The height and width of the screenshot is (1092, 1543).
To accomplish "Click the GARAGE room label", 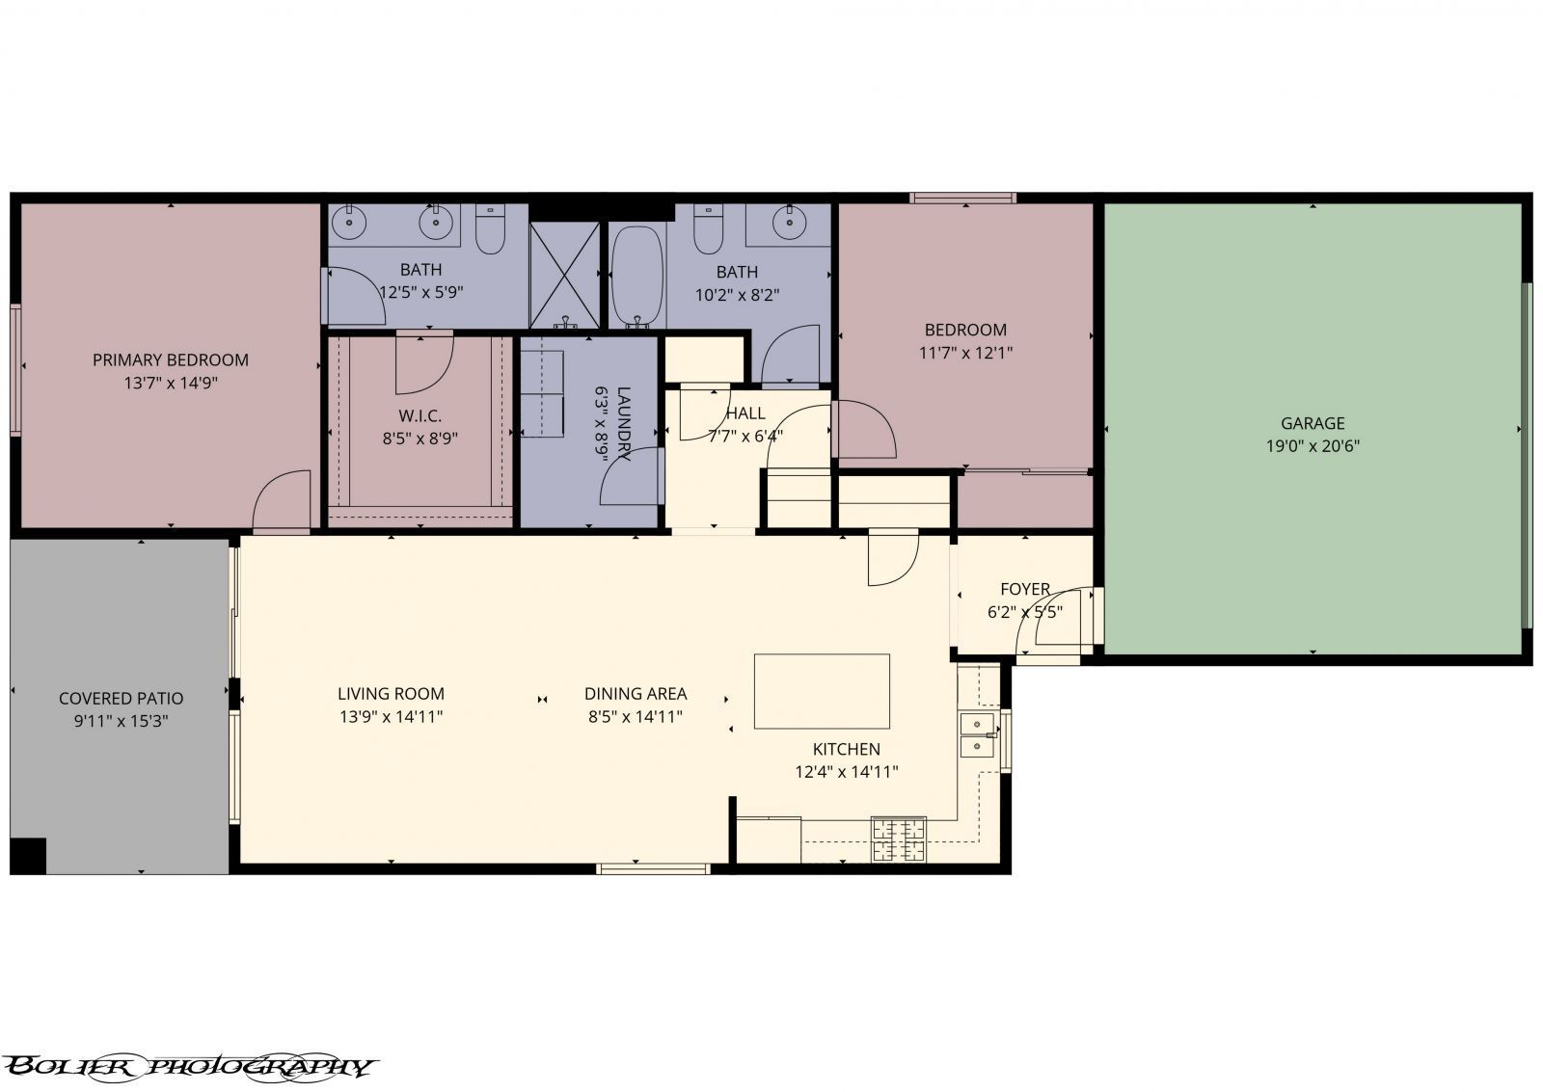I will tap(1312, 423).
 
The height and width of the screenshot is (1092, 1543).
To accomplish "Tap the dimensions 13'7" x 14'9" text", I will tap(170, 383).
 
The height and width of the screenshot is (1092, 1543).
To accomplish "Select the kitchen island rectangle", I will tap(822, 691).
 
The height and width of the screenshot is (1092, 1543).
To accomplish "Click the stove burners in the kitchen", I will tap(898, 838).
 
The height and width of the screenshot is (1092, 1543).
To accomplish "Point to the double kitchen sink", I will tap(978, 734).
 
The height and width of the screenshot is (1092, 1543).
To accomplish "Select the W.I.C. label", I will tap(420, 416).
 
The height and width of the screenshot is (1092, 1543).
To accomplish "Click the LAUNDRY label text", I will tap(623, 424).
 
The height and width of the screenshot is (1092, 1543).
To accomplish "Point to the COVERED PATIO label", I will tap(121, 699).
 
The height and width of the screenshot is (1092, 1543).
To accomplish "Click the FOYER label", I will tap(1024, 589).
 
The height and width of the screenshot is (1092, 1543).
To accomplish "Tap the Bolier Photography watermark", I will tap(188, 1066).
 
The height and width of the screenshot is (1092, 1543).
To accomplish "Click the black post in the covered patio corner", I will tap(28, 854).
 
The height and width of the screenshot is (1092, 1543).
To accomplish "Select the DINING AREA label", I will tap(636, 694).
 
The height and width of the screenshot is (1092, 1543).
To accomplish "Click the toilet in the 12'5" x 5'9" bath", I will tap(491, 231).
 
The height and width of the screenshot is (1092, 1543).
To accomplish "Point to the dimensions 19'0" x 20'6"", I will tap(1312, 446).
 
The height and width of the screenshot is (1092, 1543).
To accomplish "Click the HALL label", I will tap(744, 413).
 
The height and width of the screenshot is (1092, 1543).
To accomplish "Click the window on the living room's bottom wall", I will tap(654, 869).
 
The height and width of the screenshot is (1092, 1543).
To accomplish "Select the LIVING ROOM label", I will tap(391, 694).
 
